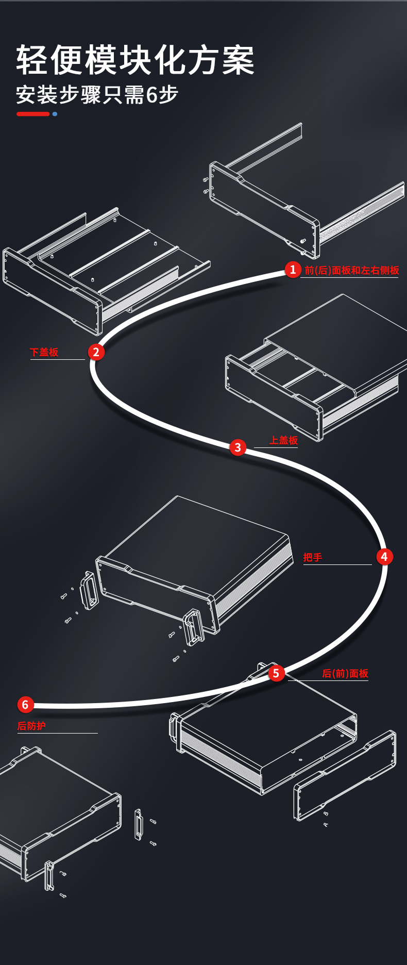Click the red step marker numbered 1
(293, 269)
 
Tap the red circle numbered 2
(96, 352)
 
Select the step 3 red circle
(238, 447)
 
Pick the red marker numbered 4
(384, 557)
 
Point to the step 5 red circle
(276, 673)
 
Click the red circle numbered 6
(25, 705)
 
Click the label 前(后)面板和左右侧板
(352, 270)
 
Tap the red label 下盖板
(44, 352)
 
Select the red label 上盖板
(283, 440)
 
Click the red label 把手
(313, 557)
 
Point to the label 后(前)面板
(345, 673)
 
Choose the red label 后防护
(31, 726)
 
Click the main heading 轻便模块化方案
(135, 60)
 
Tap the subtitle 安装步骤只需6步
(97, 95)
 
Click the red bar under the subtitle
(33, 114)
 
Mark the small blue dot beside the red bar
(55, 114)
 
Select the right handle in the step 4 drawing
(193, 627)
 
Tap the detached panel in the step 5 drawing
(345, 776)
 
